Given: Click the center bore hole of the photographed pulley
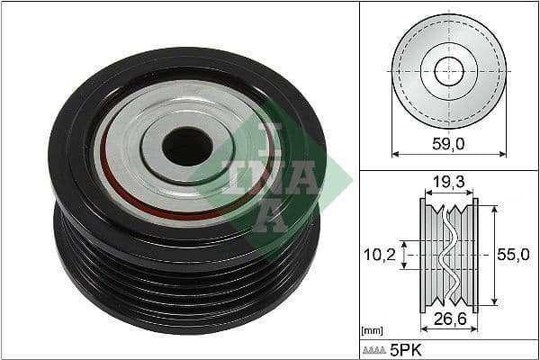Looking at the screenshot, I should (187, 147).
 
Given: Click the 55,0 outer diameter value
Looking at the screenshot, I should (511, 256).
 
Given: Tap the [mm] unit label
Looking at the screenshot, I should (371, 331).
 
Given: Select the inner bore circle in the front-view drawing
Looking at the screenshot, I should (448, 71).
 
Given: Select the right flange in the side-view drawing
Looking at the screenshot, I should (475, 256).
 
